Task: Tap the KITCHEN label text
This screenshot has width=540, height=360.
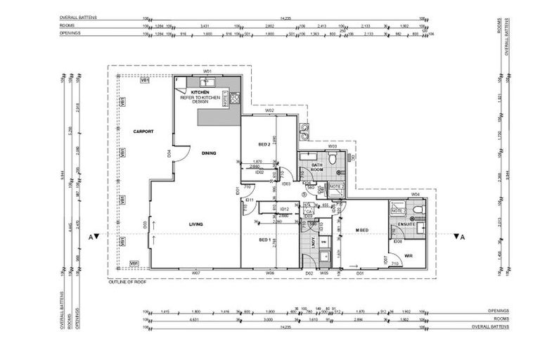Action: click(200, 93)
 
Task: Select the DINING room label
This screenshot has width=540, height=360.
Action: click(208, 153)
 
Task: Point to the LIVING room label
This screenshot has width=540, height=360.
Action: click(195, 224)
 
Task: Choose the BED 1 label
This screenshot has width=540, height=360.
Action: click(265, 240)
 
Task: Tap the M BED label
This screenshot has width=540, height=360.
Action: click(363, 230)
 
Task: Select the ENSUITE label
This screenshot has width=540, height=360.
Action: click(406, 224)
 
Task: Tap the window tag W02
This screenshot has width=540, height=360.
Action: click(269, 111)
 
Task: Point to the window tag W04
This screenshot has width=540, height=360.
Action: click(416, 194)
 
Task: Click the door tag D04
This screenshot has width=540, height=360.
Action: click(169, 153)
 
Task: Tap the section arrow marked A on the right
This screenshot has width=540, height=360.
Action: click(458, 237)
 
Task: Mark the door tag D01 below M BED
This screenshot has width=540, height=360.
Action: click(360, 273)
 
